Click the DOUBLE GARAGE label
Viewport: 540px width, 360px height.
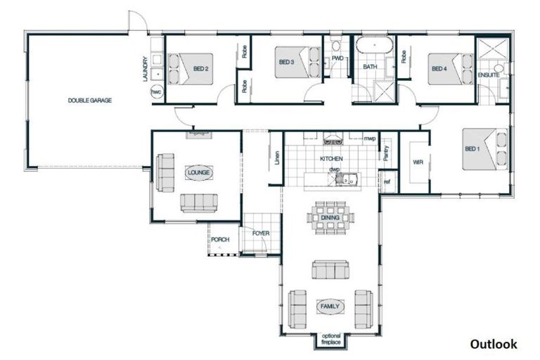click(x=89, y=101)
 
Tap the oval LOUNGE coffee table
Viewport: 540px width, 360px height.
click(x=197, y=172)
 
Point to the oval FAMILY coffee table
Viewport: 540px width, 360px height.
click(x=330, y=307)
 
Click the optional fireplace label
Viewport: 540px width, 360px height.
click(x=330, y=340)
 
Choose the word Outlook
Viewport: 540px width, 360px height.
click(x=494, y=344)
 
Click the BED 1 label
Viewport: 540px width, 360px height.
click(x=472, y=149)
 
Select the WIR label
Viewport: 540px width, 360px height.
click(x=417, y=162)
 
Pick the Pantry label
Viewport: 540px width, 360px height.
click(x=386, y=150)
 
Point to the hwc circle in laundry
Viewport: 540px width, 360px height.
click(x=155, y=93)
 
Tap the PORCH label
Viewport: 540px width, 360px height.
click(x=220, y=239)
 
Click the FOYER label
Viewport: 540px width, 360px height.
click(x=261, y=233)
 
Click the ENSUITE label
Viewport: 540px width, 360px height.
click(x=489, y=75)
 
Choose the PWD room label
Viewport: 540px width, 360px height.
click(x=337, y=58)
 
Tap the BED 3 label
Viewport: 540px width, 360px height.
click(x=286, y=62)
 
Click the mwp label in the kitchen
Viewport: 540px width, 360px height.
click(x=369, y=139)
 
